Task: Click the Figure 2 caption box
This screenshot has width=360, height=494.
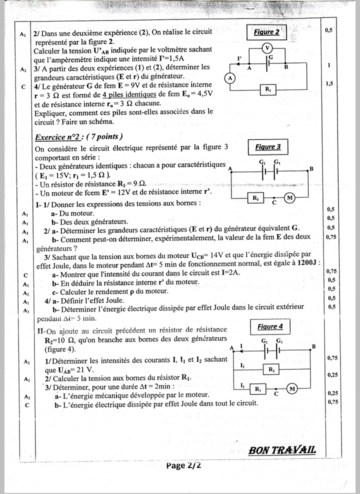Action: pos(266,32)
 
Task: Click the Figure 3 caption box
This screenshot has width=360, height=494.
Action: pos(268,147)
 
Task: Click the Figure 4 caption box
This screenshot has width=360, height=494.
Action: pos(270,326)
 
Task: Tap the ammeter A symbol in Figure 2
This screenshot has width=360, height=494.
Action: pos(229,78)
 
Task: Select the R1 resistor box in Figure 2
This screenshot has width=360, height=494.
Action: pos(268,89)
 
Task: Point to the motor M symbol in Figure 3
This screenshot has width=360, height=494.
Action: pos(289,198)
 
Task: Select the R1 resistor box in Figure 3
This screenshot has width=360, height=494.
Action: pos(256,198)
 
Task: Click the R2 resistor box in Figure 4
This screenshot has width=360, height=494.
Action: pos(271,369)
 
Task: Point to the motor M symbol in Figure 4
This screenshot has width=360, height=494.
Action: pos(292,389)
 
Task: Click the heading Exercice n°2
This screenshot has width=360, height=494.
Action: pos(79,137)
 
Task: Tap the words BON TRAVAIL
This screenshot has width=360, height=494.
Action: pos(282,450)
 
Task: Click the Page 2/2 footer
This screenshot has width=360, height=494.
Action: pos(183,465)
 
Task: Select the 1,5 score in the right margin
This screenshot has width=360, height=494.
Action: pos(329,84)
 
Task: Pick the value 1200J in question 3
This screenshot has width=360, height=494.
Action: pos(305,263)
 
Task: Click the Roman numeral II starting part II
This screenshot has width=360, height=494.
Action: pos(40,331)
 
